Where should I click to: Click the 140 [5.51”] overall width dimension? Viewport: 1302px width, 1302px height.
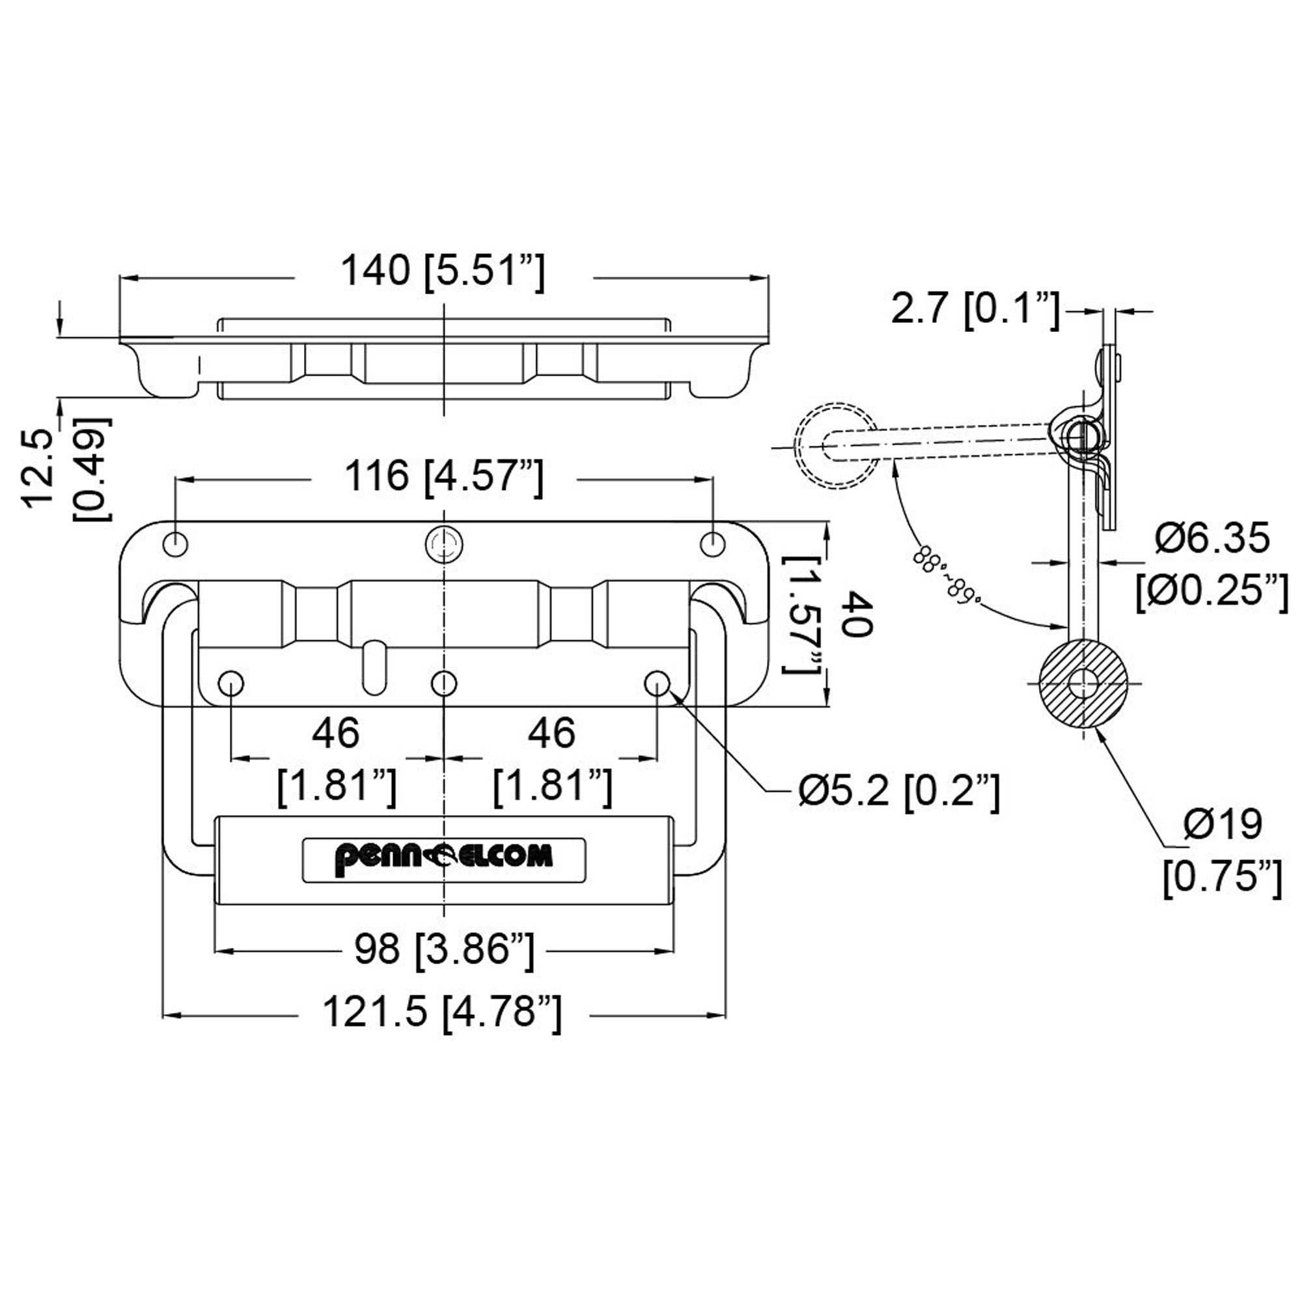[x=442, y=272]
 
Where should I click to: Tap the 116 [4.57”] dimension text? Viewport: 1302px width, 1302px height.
[x=443, y=477]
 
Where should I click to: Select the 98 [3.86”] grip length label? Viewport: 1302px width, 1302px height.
[x=444, y=950]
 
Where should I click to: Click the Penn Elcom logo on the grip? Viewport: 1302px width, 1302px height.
[x=443, y=859]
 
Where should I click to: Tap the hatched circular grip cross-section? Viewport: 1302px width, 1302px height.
[x=1083, y=684]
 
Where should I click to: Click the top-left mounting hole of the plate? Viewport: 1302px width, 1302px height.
[x=175, y=544]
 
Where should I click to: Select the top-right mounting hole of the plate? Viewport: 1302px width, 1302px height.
[x=712, y=544]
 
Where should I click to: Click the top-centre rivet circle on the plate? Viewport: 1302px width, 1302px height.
[x=444, y=543]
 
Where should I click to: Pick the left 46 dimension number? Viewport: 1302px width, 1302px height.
[x=336, y=732]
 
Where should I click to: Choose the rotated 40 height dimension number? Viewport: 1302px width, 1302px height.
[x=859, y=614]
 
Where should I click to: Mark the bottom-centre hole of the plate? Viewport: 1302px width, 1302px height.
[x=443, y=684]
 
